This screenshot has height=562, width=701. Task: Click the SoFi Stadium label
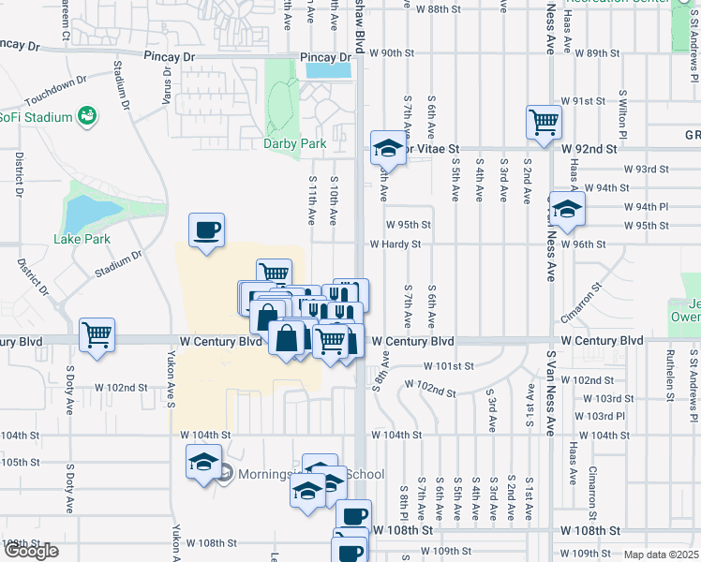click(x=36, y=117)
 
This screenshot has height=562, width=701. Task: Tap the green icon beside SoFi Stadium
click(x=87, y=116)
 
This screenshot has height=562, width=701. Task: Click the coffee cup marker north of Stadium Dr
click(x=206, y=229)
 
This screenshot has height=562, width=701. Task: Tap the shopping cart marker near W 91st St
click(x=544, y=122)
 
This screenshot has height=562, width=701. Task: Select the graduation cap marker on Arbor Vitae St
click(x=386, y=148)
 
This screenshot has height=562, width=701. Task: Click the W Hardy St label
click(x=395, y=244)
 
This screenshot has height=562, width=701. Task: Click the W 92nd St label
click(x=589, y=148)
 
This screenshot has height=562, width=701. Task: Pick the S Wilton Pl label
click(x=622, y=111)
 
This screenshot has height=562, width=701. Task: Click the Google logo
click(x=31, y=551)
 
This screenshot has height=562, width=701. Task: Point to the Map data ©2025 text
click(x=662, y=555)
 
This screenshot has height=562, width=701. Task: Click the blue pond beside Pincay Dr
click(x=329, y=69)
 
